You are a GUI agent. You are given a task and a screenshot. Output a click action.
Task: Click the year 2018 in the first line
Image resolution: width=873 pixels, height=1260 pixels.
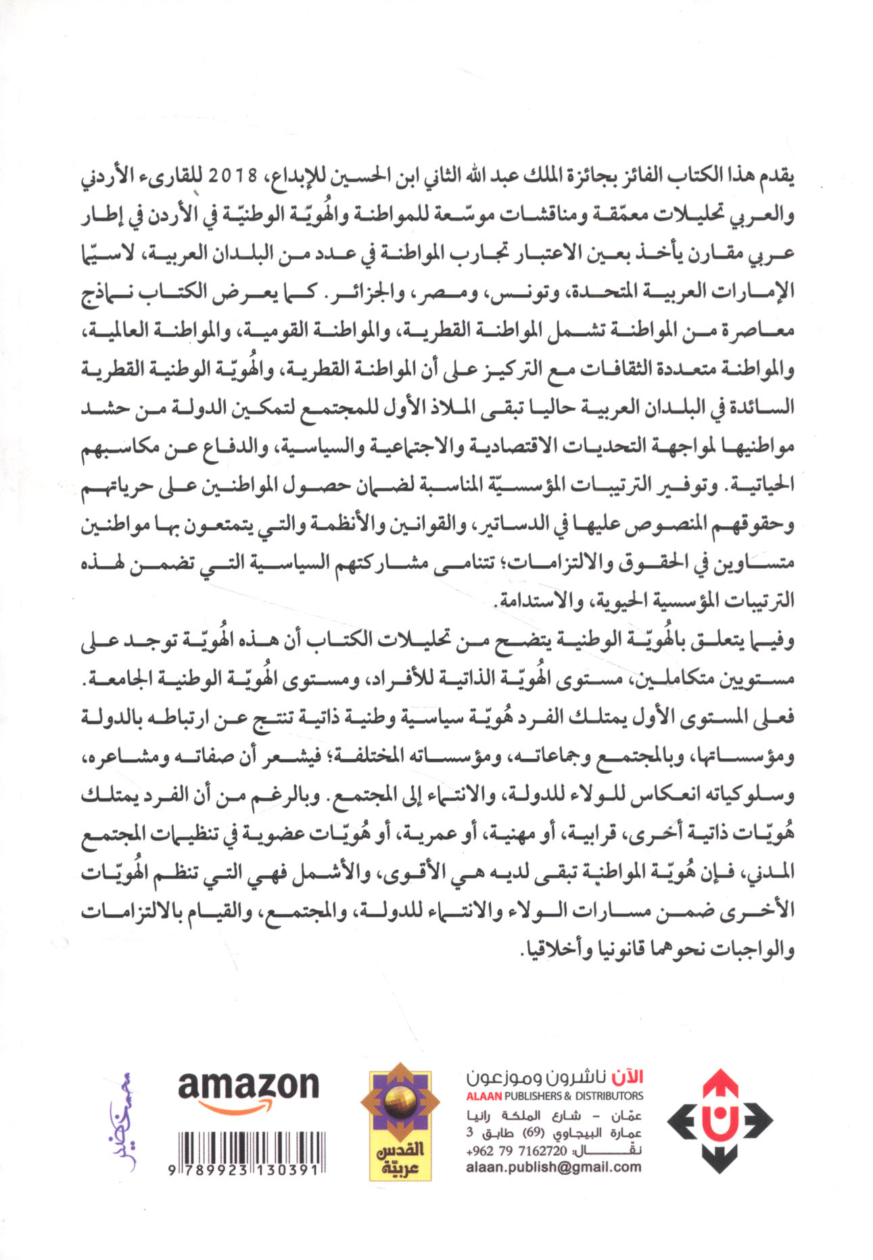pyautogui.click(x=233, y=177)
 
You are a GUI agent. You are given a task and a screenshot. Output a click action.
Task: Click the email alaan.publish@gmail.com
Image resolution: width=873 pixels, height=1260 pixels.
pyautogui.click(x=553, y=1167)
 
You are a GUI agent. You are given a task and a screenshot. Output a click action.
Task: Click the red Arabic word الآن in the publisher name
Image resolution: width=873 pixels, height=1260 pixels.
pyautogui.click(x=628, y=1077)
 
